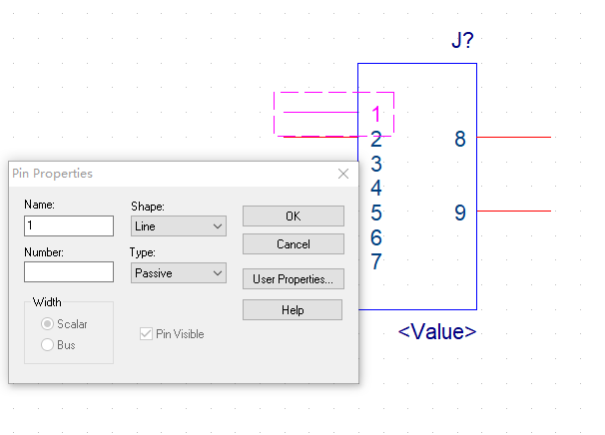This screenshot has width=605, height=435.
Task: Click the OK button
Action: (x=293, y=216)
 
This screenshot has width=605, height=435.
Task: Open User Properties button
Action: (x=293, y=278)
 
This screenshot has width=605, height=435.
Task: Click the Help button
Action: (x=293, y=310)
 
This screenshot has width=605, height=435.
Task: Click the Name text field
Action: (x=69, y=225)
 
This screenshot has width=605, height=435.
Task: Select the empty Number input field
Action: (x=69, y=271)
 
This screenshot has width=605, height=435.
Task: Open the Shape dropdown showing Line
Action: (x=179, y=226)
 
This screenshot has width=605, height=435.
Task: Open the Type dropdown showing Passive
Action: (x=179, y=272)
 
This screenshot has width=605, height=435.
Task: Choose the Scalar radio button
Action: (x=47, y=324)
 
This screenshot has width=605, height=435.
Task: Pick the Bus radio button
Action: (x=47, y=345)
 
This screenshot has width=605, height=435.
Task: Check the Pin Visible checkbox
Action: (x=147, y=334)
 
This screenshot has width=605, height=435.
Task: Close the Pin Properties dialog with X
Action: (x=343, y=174)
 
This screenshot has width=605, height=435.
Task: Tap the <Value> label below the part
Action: (x=437, y=331)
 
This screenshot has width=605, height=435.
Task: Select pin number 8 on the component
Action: (x=460, y=139)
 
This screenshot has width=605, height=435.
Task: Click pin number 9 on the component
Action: (x=460, y=213)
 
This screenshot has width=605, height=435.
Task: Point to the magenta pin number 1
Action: (x=376, y=115)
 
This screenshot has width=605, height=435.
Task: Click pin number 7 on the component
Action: (x=376, y=262)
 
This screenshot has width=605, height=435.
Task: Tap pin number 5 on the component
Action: (x=376, y=213)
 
